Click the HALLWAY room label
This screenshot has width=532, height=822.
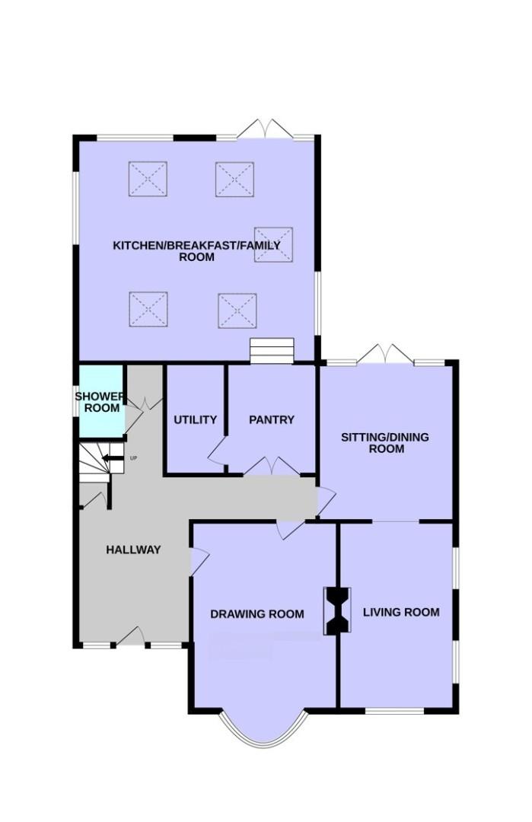point(133,550)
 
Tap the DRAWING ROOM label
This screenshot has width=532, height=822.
point(256,614)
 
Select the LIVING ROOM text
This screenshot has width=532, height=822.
point(401,612)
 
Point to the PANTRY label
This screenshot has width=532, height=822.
point(272,419)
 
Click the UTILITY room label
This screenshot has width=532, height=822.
point(195,419)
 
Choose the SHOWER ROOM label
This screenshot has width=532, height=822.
point(101,402)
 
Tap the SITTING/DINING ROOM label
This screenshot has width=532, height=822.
point(385,442)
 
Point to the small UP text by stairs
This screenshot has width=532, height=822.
point(134,458)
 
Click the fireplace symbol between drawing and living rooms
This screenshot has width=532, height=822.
point(338,610)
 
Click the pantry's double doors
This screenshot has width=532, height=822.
point(272,466)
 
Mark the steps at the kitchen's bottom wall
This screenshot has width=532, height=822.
point(272,351)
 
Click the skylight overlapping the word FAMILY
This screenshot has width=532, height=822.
point(273,244)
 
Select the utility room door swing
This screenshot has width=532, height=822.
point(217,451)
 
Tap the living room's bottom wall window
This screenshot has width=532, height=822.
point(394,711)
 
